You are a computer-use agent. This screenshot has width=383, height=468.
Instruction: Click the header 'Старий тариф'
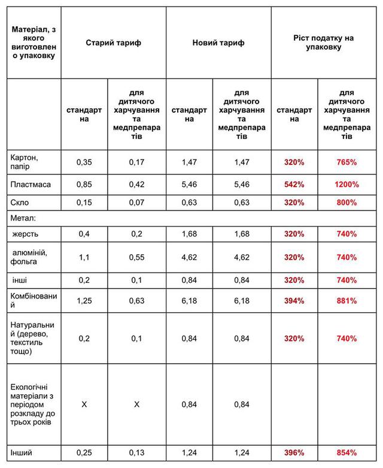click(114, 43)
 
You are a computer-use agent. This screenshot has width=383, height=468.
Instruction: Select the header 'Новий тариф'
click(218, 43)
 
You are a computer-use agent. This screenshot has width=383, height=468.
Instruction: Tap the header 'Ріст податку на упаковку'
click(324, 43)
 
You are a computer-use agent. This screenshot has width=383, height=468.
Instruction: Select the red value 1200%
click(346, 185)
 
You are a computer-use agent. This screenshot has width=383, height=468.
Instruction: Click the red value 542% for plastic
click(294, 185)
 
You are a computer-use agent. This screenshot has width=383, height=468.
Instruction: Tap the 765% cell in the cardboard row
click(346, 162)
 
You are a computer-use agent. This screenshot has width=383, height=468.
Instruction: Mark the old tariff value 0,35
click(84, 162)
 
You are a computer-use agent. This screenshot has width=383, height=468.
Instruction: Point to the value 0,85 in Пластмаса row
click(84, 185)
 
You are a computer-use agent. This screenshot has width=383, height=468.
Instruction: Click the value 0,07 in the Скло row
click(136, 202)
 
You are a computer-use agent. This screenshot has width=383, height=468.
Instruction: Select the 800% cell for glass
click(346, 202)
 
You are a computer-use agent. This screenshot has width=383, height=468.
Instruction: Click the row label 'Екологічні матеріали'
click(31, 405)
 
